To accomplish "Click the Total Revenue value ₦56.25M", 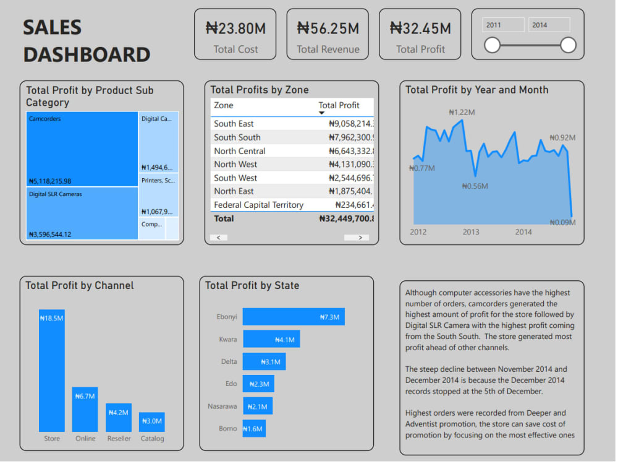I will pyautogui.click(x=328, y=28).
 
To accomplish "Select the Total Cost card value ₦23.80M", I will pyautogui.click(x=235, y=28).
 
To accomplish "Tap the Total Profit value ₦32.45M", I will pyautogui.click(x=420, y=28).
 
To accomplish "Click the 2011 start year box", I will pyautogui.click(x=504, y=25).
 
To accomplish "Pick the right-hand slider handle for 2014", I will pyautogui.click(x=568, y=45).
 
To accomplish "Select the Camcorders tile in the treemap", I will pyautogui.click(x=82, y=148).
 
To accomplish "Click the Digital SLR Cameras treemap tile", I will pyautogui.click(x=82, y=213).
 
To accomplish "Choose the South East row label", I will pyautogui.click(x=234, y=124).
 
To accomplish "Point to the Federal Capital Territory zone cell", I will pyautogui.click(x=258, y=205).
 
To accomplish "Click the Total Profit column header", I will pyautogui.click(x=339, y=105).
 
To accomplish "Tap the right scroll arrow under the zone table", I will pyautogui.click(x=356, y=238).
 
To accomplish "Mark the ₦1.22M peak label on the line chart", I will pyautogui.click(x=462, y=113).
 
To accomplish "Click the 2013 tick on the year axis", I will pyautogui.click(x=471, y=232).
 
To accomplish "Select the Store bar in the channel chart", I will pyautogui.click(x=52, y=370).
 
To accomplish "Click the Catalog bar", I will pyautogui.click(x=152, y=422).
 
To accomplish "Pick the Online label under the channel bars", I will pyautogui.click(x=85, y=439).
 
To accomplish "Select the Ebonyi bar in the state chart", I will pyautogui.click(x=294, y=317).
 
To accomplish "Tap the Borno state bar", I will pyautogui.click(x=254, y=429).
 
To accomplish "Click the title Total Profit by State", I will pyautogui.click(x=252, y=286).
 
